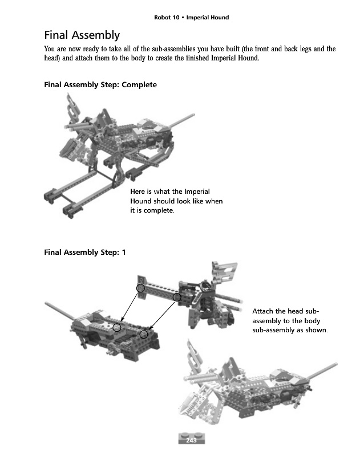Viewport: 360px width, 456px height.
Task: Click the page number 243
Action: point(192,439)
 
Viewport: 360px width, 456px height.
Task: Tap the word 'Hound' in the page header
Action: point(218,18)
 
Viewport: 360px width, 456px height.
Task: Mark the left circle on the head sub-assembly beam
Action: point(140,288)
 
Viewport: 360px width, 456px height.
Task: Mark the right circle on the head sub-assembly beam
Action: point(177,297)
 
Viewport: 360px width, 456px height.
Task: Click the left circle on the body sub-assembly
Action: point(117,327)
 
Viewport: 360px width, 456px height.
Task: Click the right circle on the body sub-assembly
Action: point(144,333)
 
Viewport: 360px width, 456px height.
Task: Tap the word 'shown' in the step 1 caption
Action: point(317,330)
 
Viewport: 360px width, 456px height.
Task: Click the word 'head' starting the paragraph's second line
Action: point(51,59)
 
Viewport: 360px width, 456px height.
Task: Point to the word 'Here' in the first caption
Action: point(138,192)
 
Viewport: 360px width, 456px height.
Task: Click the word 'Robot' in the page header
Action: point(163,18)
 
